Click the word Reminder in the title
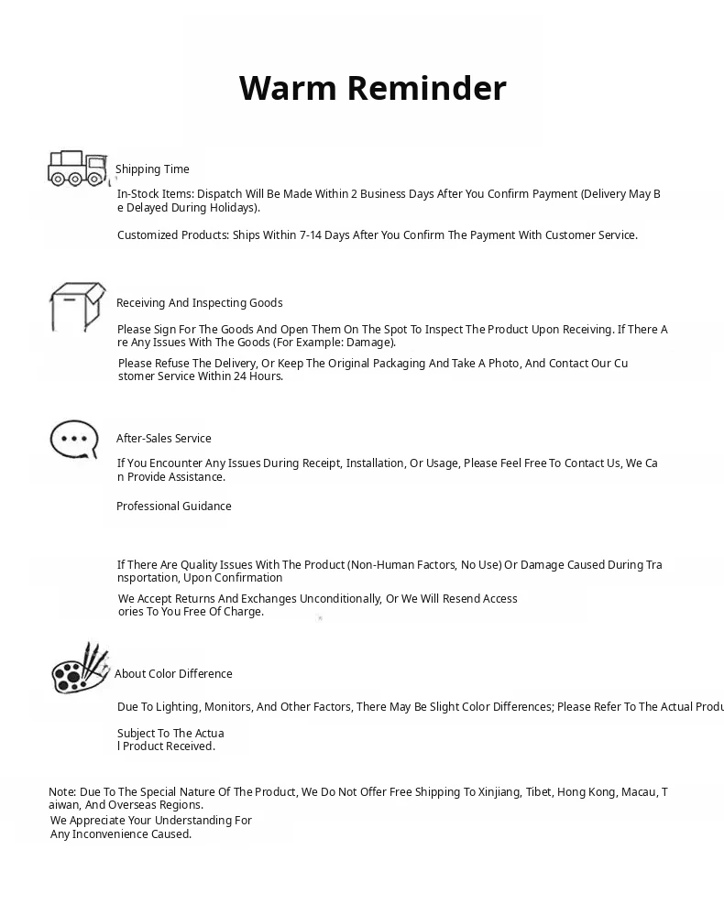[x=426, y=88]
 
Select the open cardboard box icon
[x=77, y=307]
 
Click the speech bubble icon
[x=73, y=440]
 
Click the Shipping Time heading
[x=152, y=169]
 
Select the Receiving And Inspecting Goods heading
[x=199, y=303]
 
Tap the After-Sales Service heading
[x=163, y=439]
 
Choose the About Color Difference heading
[x=173, y=674]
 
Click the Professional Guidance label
[x=173, y=507]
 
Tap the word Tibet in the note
[x=539, y=792]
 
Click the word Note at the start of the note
[x=61, y=792]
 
